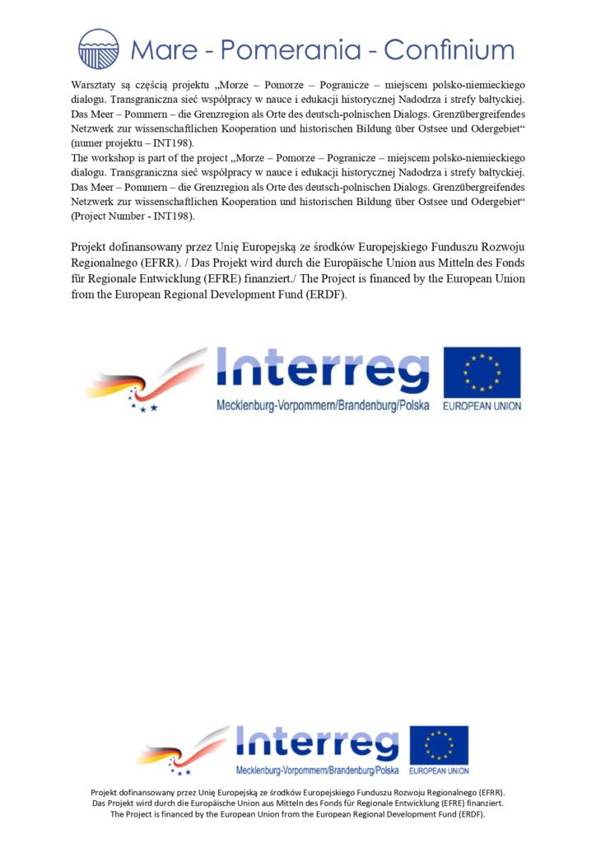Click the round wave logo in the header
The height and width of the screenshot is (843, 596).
coord(99,49)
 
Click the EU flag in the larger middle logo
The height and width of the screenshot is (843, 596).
coord(482,372)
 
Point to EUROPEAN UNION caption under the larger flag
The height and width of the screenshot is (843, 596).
coord(482,406)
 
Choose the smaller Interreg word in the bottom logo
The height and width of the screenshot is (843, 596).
coord(317,743)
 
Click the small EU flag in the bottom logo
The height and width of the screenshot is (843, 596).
coord(439,745)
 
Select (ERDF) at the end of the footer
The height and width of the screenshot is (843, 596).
coord(469,814)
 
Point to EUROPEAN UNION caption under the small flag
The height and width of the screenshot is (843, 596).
coord(439,771)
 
